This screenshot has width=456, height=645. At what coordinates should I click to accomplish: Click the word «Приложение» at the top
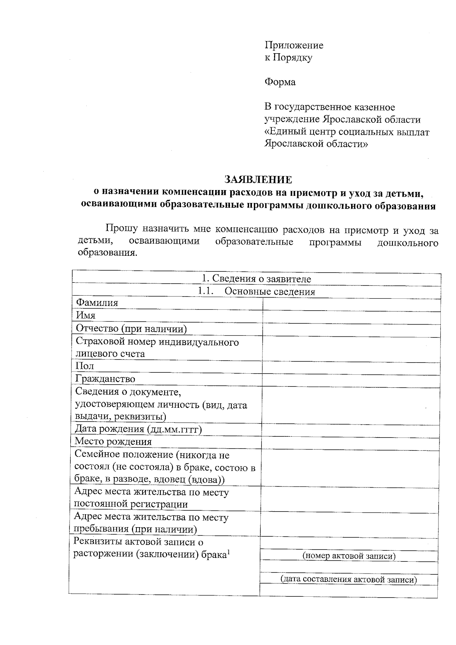[x=294, y=46]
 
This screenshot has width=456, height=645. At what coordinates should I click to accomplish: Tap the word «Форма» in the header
[x=280, y=82]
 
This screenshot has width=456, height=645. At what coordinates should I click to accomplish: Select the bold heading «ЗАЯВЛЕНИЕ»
[x=258, y=179]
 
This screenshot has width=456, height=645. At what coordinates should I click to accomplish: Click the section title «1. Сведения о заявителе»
[x=256, y=279]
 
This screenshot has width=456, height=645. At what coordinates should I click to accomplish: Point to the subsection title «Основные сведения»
[x=270, y=292]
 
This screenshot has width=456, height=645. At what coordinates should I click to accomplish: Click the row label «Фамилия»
[x=97, y=303]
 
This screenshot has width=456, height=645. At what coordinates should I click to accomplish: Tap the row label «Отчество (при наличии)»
[x=131, y=329]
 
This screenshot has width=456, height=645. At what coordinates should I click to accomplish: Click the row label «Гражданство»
[x=105, y=379]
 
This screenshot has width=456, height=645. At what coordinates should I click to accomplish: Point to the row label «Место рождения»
[x=113, y=442]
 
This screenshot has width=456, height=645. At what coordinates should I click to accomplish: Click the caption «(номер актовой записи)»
[x=349, y=556]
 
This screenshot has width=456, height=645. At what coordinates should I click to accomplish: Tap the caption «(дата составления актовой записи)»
[x=349, y=579]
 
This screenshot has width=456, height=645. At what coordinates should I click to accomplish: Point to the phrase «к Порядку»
[x=288, y=58]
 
